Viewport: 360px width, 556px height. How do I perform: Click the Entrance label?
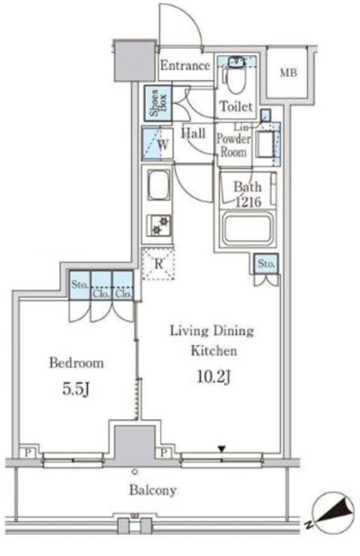[x=185, y=66]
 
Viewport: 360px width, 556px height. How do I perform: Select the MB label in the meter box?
[x=288, y=73]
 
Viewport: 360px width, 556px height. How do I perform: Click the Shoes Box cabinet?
[x=158, y=103]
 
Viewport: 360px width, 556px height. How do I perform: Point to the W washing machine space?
[x=158, y=144]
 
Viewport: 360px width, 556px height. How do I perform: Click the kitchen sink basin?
[x=158, y=185]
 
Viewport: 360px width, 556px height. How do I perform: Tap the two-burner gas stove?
[x=158, y=226]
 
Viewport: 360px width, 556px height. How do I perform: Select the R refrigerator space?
[x=158, y=264]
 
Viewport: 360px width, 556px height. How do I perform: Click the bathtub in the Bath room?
[x=247, y=229]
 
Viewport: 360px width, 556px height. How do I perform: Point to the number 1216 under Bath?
[x=248, y=202]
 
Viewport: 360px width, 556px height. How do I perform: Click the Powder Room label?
[x=233, y=145]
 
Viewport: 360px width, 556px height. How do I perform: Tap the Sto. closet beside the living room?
[x=266, y=264]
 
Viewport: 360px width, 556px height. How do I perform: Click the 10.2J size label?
[x=214, y=377]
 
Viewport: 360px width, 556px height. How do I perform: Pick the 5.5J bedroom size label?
[x=76, y=389]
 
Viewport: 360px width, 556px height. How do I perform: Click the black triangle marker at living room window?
[x=222, y=449]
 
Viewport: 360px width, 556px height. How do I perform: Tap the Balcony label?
[x=153, y=490]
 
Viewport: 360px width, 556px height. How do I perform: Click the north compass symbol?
[x=333, y=509]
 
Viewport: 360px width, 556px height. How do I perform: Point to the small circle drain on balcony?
[x=135, y=472]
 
